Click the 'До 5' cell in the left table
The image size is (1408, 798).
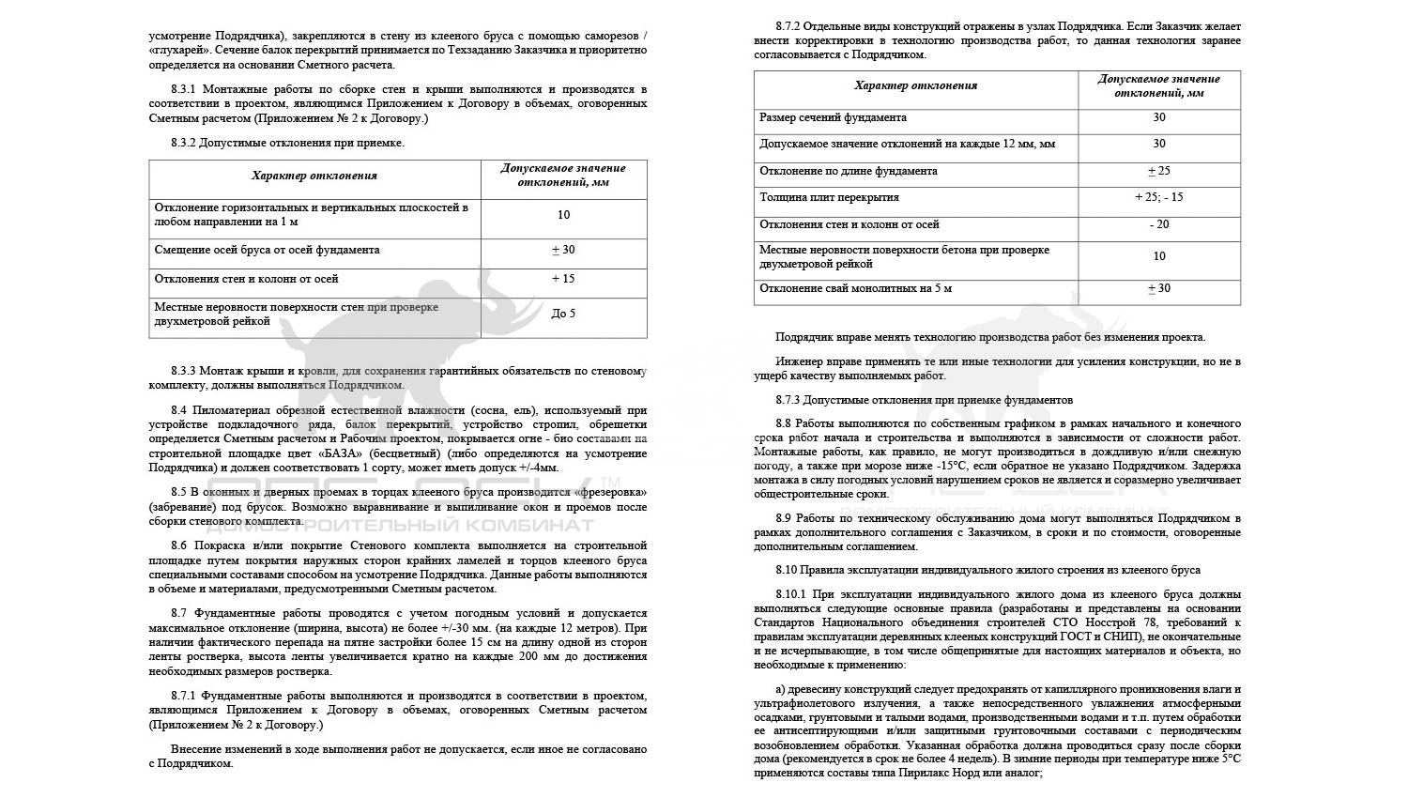(563, 314)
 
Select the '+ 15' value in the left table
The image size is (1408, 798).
(563, 279)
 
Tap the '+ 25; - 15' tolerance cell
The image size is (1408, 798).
(1158, 198)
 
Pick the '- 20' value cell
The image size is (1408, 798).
(1158, 225)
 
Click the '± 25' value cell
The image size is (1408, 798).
(1158, 172)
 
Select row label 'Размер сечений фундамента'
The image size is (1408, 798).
(833, 118)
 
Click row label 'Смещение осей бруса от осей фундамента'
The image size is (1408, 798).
(267, 251)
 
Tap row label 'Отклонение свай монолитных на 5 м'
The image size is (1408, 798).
(855, 289)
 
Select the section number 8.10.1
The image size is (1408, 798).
(794, 594)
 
